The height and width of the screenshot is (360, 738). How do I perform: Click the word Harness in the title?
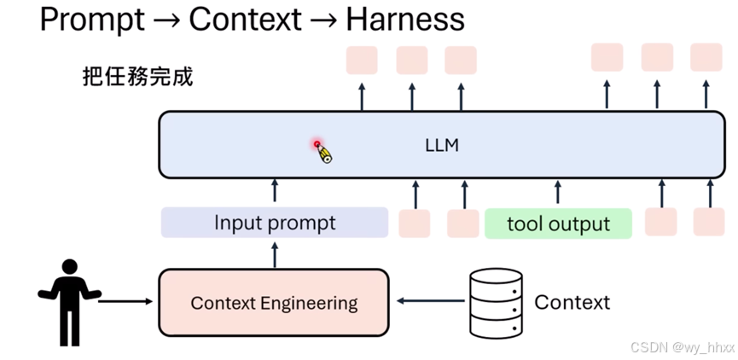tap(405, 20)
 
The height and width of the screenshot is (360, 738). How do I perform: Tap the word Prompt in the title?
tap(92, 20)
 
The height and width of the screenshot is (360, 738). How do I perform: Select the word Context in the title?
tap(245, 20)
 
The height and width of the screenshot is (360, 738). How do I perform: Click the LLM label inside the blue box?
tap(441, 145)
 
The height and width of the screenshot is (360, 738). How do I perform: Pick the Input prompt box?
tap(275, 223)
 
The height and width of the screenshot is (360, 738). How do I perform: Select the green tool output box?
tap(558, 224)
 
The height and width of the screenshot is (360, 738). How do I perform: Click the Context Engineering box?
tap(274, 303)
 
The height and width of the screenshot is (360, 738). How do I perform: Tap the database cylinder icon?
tap(496, 303)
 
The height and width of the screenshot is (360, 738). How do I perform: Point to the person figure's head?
tap(69, 267)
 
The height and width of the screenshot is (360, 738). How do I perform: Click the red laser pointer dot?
tap(317, 144)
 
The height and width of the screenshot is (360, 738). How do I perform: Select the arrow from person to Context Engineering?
tap(125, 301)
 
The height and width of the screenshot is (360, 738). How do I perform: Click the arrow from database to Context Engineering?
tap(431, 300)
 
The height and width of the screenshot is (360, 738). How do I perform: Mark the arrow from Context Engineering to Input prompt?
tap(275, 254)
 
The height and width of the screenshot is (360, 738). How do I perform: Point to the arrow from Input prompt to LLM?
tap(275, 190)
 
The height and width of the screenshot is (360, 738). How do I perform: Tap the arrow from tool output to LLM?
tap(558, 192)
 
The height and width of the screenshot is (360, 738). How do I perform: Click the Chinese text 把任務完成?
tap(137, 76)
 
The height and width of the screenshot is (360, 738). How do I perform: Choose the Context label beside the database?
tap(572, 302)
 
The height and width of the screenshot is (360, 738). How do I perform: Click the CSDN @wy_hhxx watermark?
tap(682, 347)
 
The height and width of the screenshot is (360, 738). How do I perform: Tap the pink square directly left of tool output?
tap(462, 223)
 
